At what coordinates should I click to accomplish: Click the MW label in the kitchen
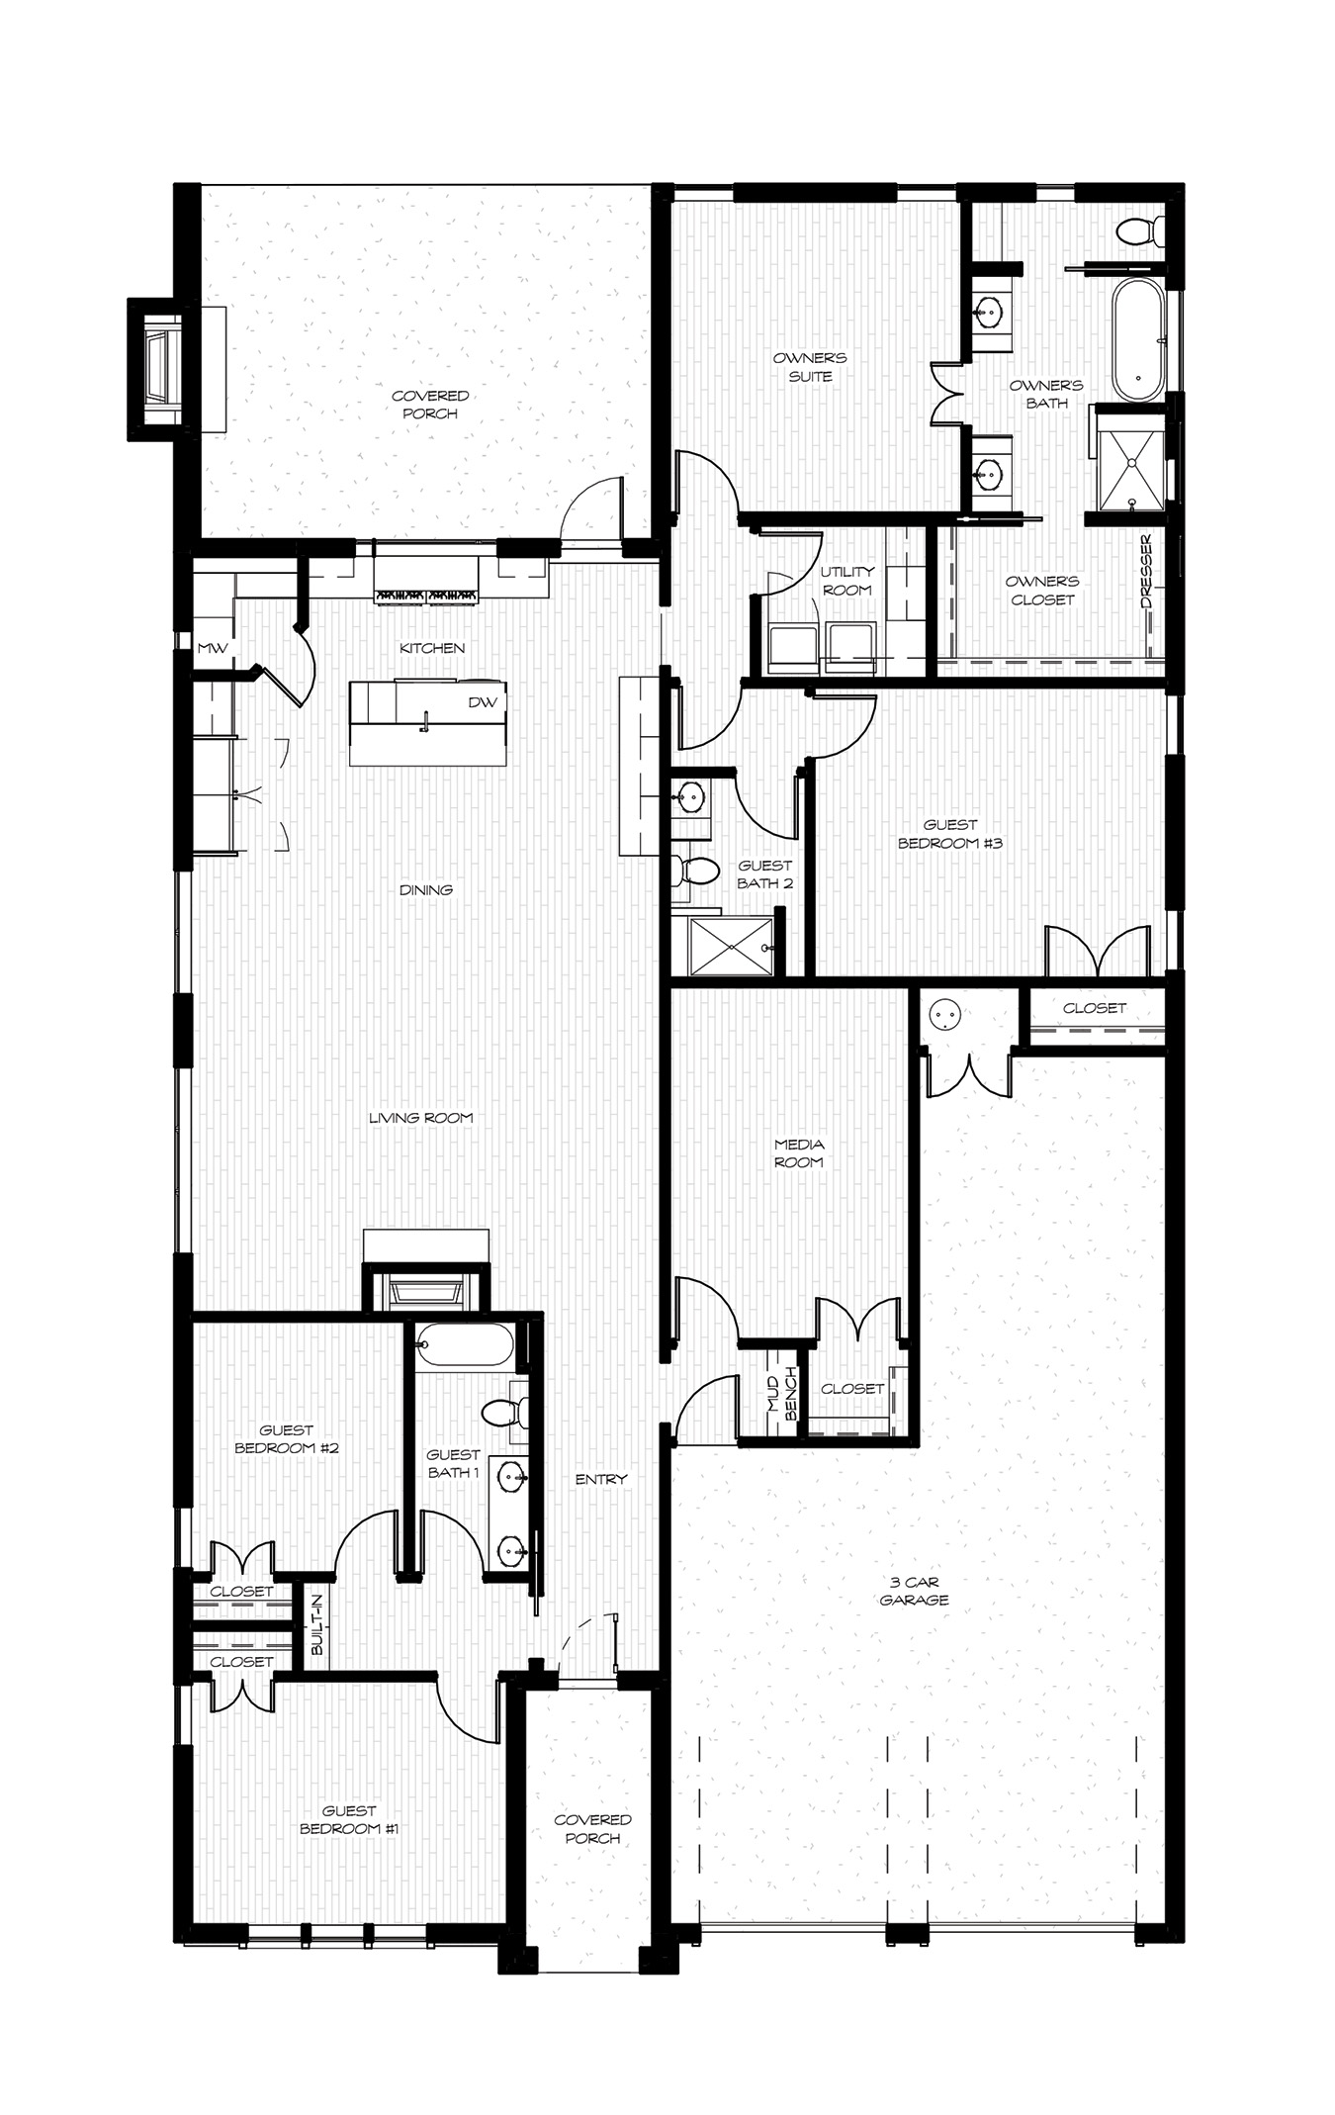click(213, 648)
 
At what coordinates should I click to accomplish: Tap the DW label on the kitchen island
click(483, 702)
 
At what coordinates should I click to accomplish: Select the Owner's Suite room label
click(810, 367)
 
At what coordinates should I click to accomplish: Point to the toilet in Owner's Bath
click(1140, 231)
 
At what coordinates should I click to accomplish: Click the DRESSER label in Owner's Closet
click(1146, 572)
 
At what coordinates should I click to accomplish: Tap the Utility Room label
click(847, 581)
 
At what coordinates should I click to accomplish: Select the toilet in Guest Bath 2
click(695, 872)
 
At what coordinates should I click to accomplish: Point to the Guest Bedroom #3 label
click(950, 833)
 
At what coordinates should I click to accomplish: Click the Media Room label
click(799, 1152)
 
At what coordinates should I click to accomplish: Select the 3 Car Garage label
click(915, 1591)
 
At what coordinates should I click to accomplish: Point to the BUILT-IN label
click(316, 1624)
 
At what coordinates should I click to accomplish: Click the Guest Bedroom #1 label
click(348, 1820)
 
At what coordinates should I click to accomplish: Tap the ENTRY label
click(601, 1479)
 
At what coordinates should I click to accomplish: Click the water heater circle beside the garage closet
click(944, 1014)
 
